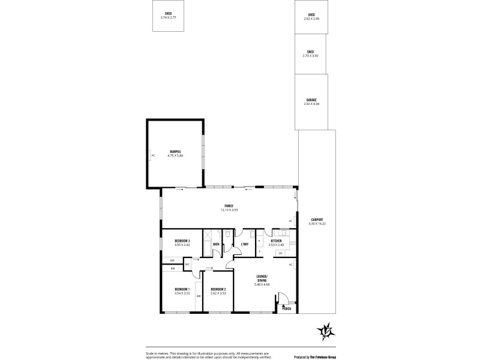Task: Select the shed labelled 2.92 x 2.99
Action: click(x=311, y=17)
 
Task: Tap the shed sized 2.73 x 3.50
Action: click(x=310, y=53)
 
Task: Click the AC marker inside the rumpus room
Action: click(x=153, y=155)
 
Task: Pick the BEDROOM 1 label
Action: click(x=182, y=291)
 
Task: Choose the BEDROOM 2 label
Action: click(x=218, y=291)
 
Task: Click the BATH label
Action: click(x=215, y=245)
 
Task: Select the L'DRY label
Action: click(x=245, y=245)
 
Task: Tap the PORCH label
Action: click(x=287, y=309)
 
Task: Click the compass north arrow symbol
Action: click(x=326, y=330)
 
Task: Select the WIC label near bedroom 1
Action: click(x=187, y=264)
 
